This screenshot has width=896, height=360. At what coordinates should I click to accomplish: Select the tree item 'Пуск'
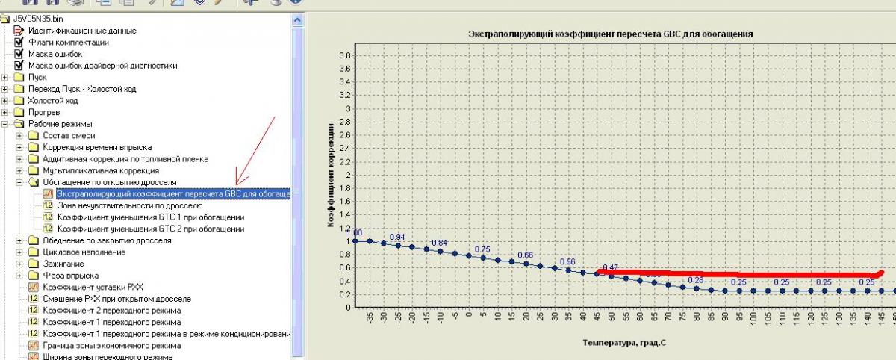(x=37, y=77)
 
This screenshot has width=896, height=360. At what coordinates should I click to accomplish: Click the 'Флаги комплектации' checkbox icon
(x=19, y=43)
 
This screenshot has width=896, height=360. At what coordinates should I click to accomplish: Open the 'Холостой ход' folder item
(x=52, y=100)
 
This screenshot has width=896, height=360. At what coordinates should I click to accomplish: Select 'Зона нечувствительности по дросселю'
(x=130, y=205)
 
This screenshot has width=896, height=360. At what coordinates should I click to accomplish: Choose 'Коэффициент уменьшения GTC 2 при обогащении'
(x=151, y=229)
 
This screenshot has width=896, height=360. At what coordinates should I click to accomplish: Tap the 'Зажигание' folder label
(x=63, y=264)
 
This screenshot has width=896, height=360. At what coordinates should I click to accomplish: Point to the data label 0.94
(x=397, y=237)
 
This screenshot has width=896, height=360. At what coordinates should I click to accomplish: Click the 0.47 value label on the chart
(x=610, y=267)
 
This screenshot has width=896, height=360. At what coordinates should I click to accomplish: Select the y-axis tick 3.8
(x=345, y=55)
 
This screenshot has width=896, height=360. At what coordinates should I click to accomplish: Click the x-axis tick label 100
(x=753, y=319)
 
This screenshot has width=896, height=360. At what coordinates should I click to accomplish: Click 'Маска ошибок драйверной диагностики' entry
(x=103, y=66)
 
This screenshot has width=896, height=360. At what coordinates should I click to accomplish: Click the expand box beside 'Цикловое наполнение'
(x=19, y=252)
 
